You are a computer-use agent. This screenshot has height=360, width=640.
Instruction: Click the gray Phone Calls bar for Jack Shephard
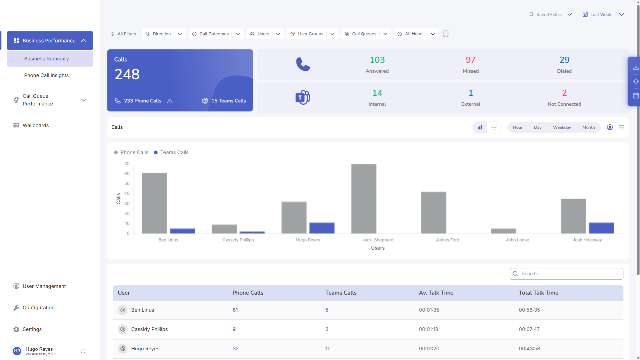(364, 199)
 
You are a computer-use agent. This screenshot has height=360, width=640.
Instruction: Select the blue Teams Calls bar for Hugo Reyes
(322, 228)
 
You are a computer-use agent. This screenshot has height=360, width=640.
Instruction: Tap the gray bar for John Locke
(503, 231)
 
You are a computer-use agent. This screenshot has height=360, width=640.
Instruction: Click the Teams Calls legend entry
(171, 152)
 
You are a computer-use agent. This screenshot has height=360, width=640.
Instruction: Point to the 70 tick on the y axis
(127, 163)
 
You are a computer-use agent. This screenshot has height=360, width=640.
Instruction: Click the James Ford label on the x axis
(448, 240)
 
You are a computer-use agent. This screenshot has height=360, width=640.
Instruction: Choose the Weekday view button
(562, 127)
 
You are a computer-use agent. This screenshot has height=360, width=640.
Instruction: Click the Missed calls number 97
(471, 60)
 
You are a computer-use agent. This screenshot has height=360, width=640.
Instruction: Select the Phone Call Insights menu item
(46, 75)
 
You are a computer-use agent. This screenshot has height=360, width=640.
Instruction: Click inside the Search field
(566, 274)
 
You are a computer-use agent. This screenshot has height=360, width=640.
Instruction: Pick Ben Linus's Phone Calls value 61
(235, 310)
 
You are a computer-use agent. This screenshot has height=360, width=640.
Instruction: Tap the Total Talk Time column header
(538, 293)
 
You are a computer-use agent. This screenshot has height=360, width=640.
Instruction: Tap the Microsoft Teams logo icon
(303, 97)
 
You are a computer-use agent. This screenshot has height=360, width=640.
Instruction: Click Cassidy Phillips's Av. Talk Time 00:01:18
(429, 329)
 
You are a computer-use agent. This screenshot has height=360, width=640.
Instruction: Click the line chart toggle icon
(494, 127)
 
